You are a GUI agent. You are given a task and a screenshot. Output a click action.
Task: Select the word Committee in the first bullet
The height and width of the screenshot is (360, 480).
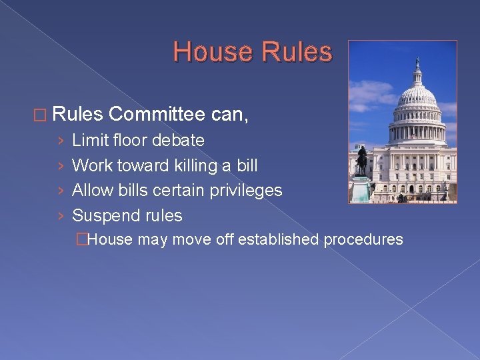157,115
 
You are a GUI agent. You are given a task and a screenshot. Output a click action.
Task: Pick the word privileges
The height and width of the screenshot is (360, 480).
247,191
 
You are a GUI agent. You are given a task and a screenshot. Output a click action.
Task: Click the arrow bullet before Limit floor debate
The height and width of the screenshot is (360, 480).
61,141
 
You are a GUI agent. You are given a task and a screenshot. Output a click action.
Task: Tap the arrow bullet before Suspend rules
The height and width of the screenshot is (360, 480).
61,216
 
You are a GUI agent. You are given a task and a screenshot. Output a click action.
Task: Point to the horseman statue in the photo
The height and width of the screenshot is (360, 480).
361,160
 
